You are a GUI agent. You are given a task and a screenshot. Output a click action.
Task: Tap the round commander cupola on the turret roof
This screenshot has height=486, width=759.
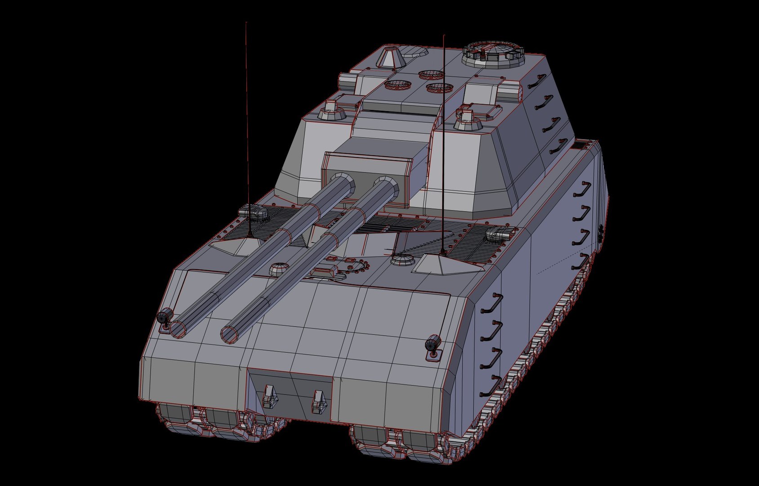[493, 52]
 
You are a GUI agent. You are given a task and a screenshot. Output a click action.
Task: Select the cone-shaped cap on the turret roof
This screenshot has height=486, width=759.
[387, 58]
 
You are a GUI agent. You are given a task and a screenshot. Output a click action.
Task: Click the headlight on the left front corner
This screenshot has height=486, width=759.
[165, 316]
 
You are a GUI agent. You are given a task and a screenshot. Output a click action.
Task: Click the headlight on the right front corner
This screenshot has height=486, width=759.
[432, 343]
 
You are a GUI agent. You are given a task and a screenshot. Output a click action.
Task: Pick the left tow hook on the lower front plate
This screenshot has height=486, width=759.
[270, 396]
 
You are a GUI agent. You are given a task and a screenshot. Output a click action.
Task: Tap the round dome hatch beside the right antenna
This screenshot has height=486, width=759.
[402, 260]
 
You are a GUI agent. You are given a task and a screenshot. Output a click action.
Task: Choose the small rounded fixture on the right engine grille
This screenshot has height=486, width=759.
[499, 234]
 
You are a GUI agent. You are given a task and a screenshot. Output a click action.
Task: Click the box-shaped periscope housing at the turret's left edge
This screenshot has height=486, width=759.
[347, 82]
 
